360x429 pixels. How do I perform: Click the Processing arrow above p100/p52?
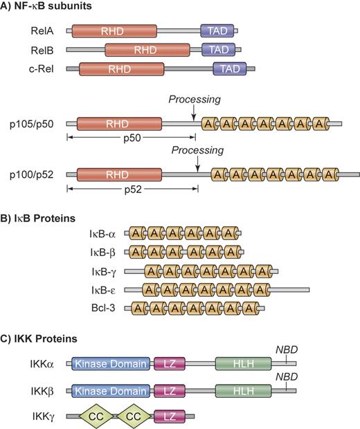click(198, 161)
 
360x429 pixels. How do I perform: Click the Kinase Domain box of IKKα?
click(111, 364)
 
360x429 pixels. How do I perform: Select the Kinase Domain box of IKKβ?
click(111, 390)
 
